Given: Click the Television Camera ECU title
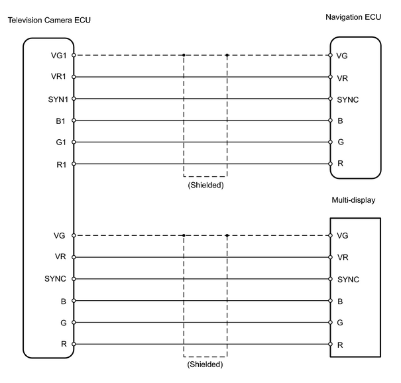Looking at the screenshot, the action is tap(49, 20).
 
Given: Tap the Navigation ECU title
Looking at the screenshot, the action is tap(353, 17).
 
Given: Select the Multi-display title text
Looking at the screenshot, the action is tap(353, 200).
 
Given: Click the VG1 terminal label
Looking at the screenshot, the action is tap(58, 55).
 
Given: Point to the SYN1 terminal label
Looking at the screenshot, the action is tap(58, 99).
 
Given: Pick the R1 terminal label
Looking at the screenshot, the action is tap(62, 165).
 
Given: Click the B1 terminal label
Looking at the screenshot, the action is tap(60, 121).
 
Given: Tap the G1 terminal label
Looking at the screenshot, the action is tap(61, 142).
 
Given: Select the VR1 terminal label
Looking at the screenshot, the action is tap(58, 76).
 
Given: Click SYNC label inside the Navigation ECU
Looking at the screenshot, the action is tap(348, 99).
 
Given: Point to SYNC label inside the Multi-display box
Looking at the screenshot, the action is tap(349, 280).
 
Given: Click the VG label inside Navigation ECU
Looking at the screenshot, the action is tap(342, 56).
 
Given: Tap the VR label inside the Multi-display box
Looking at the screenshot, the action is tap(343, 257).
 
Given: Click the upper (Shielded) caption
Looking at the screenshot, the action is tap(205, 185).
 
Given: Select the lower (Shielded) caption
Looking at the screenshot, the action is tap(205, 364).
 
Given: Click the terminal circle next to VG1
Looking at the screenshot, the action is tap(74, 55).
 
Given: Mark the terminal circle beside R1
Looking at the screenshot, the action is tap(74, 164).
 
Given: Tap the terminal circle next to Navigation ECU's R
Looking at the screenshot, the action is tap(331, 164).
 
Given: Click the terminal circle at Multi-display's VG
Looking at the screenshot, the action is tap(331, 235).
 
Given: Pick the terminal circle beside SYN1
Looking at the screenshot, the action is tap(74, 99).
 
